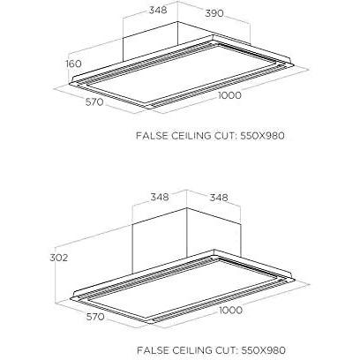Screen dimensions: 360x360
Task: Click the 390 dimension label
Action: (214, 13)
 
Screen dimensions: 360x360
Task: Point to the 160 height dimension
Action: (73, 64)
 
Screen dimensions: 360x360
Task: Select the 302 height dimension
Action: (59, 258)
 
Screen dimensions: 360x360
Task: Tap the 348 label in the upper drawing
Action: (158, 10)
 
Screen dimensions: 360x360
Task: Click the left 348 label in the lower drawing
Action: (160, 197)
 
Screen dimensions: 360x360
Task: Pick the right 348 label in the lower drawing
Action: (219, 197)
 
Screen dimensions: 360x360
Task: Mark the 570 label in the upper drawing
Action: (94, 102)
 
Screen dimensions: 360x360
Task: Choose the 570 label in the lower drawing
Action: (95, 317)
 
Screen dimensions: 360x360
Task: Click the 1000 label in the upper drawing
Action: (229, 95)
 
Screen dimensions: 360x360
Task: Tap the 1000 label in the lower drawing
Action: (231, 310)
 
